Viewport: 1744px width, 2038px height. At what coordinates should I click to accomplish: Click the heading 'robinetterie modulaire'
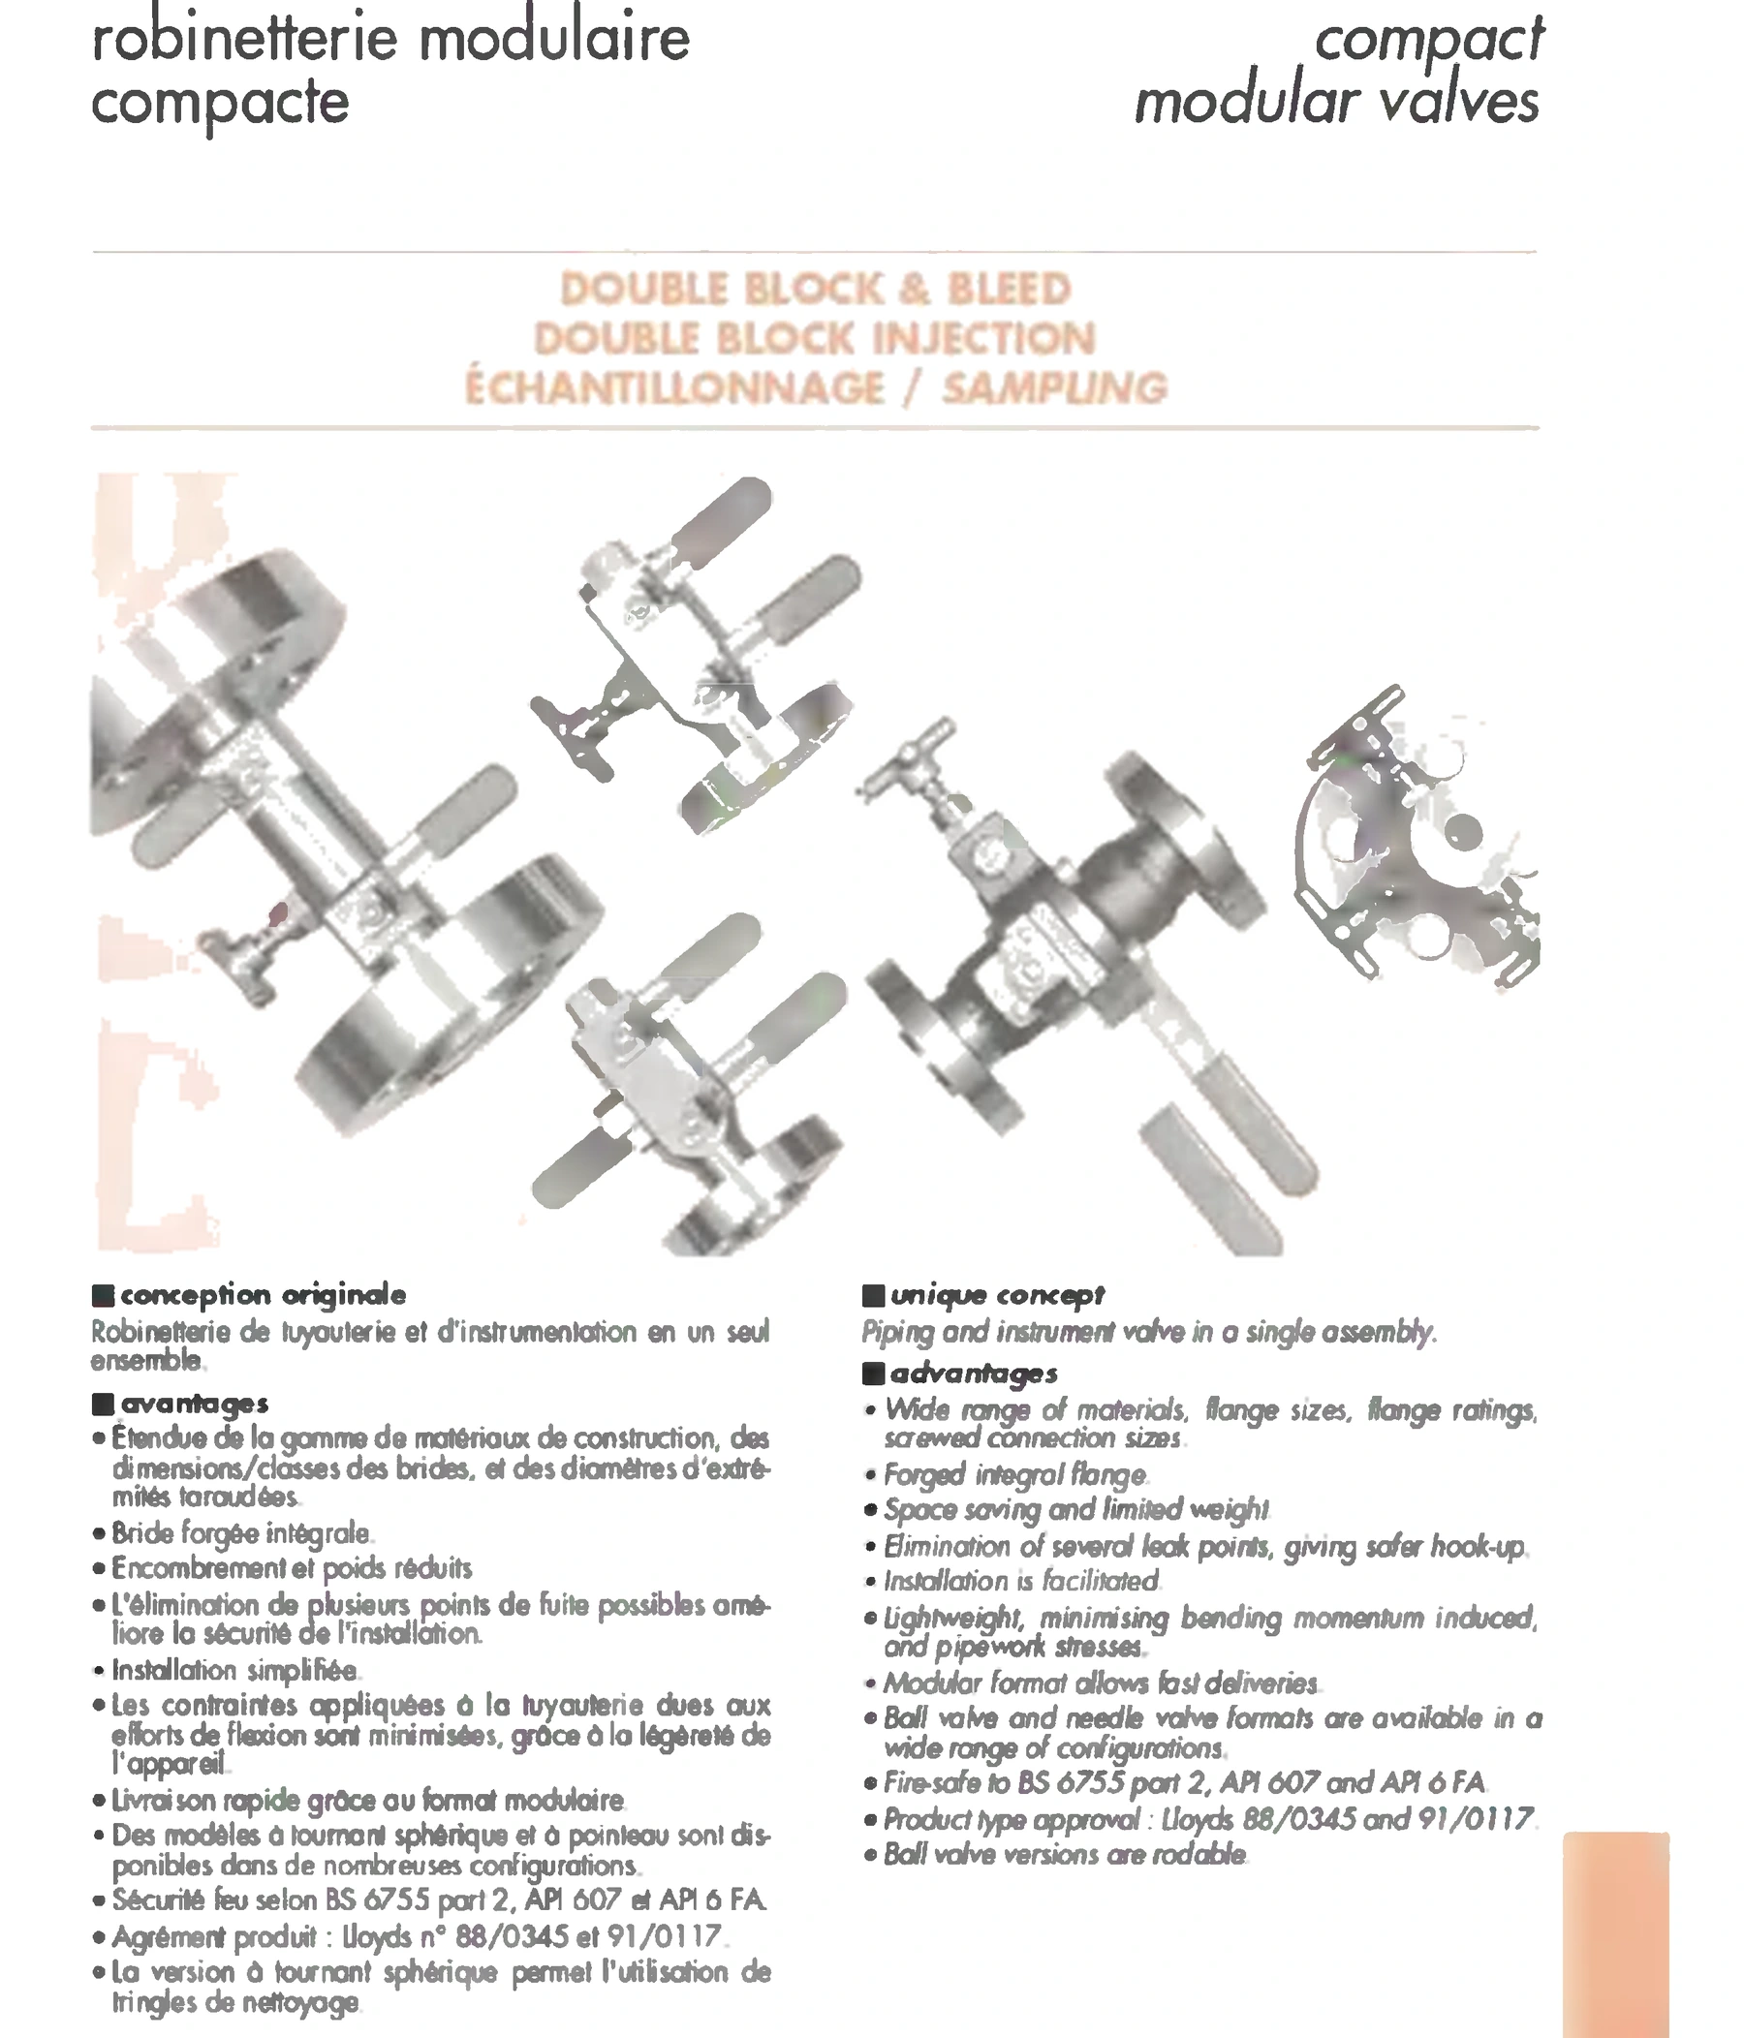pos(390,40)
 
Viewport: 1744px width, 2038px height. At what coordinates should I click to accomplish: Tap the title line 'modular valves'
pos(1337,103)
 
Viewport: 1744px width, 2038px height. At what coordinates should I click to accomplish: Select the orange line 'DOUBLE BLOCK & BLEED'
pos(816,290)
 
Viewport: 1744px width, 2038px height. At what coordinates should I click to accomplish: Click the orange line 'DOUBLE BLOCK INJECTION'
pos(816,338)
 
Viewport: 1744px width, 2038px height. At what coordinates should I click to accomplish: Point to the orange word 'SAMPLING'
pos(1055,387)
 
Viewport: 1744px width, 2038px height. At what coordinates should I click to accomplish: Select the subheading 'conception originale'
pos(263,1295)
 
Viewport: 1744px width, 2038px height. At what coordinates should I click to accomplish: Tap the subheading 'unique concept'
pos(997,1295)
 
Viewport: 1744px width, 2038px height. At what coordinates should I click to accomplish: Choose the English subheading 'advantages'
pos(974,1374)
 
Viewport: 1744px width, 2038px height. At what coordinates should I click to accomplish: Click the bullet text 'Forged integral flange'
pos(1015,1474)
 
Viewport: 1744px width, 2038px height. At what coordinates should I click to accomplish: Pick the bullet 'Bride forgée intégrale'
pos(241,1532)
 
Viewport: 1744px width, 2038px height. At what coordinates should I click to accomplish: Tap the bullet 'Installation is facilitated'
pos(1021,1581)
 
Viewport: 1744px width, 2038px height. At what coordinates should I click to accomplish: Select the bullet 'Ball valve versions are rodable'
pos(1065,1855)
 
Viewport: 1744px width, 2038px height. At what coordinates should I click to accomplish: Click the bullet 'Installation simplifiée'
pos(234,1669)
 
